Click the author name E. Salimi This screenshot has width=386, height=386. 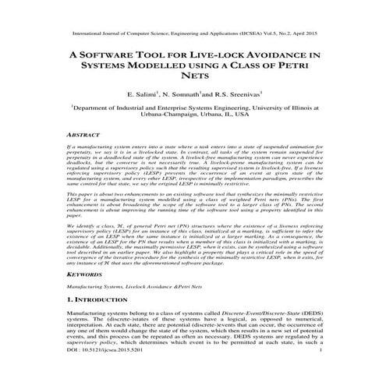[x=142, y=96]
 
